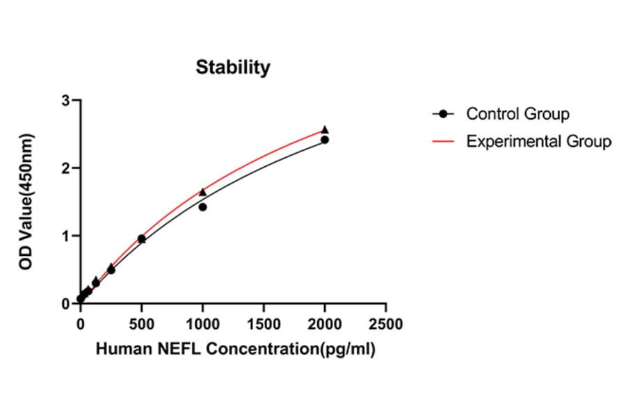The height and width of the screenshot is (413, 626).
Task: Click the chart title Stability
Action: (x=232, y=67)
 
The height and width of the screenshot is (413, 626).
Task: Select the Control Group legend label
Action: (x=517, y=113)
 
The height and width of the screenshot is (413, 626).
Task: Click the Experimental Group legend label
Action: (x=538, y=142)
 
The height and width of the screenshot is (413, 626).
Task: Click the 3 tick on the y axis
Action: (x=67, y=101)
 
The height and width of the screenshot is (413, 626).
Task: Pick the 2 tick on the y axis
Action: (x=67, y=168)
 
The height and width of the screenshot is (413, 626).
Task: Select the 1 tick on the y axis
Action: (x=67, y=236)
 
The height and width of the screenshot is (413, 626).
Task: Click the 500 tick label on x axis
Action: (x=141, y=324)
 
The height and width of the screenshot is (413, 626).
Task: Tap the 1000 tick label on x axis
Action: (x=202, y=324)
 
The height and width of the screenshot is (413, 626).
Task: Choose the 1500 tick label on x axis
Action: (x=264, y=324)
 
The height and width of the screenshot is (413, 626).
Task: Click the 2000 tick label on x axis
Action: (x=325, y=324)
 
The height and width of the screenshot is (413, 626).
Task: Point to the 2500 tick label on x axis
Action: (x=386, y=324)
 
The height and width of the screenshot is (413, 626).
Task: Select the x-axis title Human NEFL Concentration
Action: (x=235, y=350)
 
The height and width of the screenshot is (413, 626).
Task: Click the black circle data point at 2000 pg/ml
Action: (x=325, y=140)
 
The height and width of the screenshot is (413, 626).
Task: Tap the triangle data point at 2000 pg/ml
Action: (x=325, y=130)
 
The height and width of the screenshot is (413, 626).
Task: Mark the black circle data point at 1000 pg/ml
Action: (x=202, y=207)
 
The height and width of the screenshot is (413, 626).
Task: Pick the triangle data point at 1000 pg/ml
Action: (x=202, y=192)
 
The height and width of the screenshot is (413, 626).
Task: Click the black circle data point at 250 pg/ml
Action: (x=111, y=270)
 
